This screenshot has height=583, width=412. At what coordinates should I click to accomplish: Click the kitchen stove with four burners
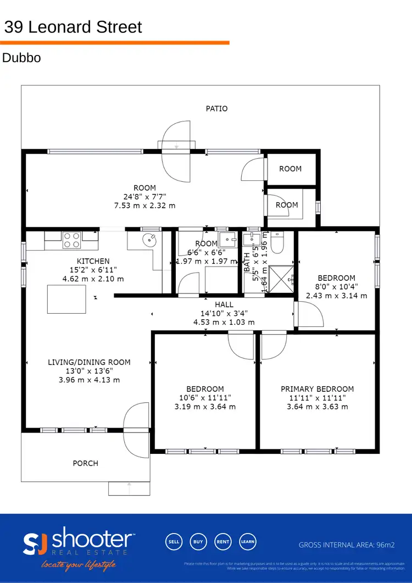[73, 240]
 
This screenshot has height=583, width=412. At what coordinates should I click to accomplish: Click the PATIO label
[216, 109]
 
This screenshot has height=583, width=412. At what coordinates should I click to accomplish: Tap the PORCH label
[86, 463]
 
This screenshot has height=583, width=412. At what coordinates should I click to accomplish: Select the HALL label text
[224, 304]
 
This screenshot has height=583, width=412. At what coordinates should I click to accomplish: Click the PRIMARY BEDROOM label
[317, 389]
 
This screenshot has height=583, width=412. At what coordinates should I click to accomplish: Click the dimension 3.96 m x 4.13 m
[89, 380]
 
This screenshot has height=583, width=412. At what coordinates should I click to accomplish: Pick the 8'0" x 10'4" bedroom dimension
[336, 287]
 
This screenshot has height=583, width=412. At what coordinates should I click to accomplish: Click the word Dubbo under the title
[22, 58]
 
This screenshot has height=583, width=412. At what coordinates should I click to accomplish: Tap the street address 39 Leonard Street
[73, 27]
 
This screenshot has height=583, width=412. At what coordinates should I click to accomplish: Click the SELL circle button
[174, 541]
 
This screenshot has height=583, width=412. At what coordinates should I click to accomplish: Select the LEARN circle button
[248, 541]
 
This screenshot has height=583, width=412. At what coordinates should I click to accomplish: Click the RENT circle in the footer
[223, 541]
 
